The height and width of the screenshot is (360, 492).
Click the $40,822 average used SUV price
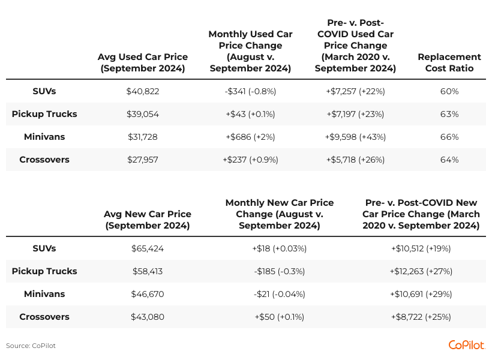point(143,91)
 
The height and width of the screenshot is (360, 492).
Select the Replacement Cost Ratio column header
point(449,62)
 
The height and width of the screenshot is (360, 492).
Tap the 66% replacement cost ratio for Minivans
point(449,137)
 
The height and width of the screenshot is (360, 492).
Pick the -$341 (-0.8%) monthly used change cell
point(250,91)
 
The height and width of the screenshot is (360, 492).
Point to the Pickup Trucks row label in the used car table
point(44,114)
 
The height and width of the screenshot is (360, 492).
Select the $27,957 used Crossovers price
point(143,160)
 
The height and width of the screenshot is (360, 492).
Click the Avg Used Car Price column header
point(143,62)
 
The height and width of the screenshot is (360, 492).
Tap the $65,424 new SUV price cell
point(148,248)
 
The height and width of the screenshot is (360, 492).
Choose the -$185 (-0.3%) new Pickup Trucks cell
point(280,271)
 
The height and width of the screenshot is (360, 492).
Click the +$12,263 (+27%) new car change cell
point(421,271)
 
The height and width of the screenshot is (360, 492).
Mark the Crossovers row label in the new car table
point(44,317)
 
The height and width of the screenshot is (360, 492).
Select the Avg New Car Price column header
point(148,220)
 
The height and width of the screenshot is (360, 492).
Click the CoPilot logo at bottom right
point(466,345)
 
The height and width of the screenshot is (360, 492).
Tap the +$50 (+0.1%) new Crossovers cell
point(280,317)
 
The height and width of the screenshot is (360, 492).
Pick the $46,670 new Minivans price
point(148,294)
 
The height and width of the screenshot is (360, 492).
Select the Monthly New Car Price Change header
point(280,214)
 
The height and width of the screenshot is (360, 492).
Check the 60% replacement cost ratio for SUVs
point(449,91)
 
